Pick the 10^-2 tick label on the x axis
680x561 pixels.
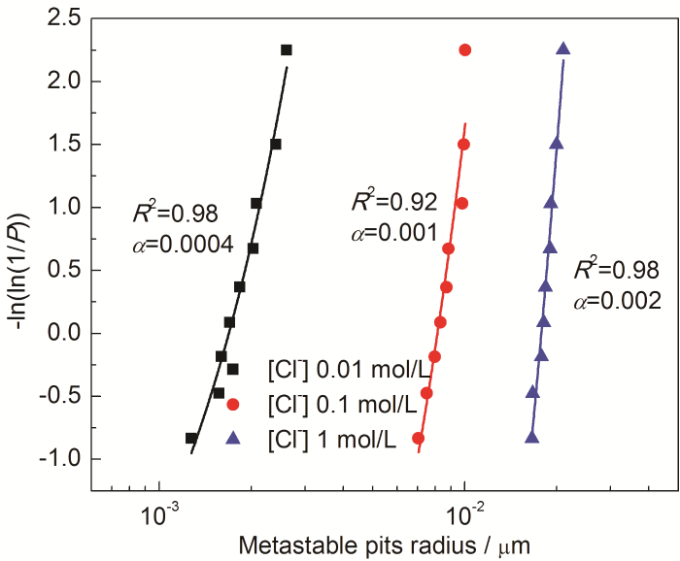465,511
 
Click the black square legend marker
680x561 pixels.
232,369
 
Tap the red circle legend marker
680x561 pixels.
232,404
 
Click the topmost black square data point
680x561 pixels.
287,49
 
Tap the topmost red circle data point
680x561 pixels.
465,49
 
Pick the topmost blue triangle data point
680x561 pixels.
563,49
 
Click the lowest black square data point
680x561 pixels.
191,439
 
